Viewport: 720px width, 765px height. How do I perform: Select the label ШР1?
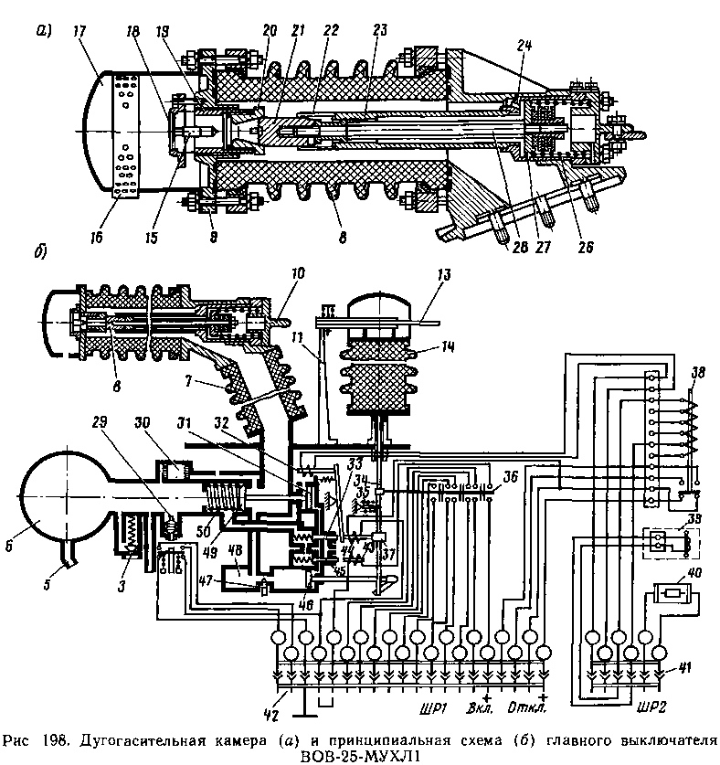pos(432,708)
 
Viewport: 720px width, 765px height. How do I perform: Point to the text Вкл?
pos(480,708)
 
